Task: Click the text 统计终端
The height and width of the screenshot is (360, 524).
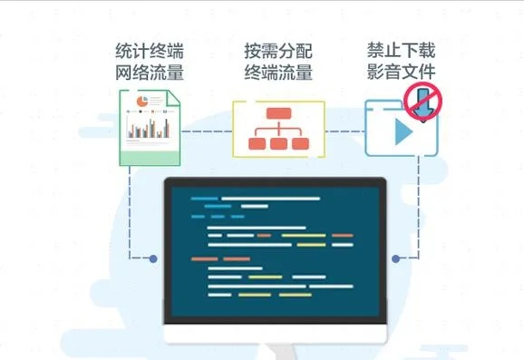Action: coord(150,49)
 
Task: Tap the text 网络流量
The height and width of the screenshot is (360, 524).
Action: coord(150,72)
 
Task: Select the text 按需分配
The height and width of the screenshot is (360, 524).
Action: coord(278,49)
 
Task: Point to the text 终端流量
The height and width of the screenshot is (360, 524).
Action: coord(278,72)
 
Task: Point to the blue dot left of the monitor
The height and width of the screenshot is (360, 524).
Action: coord(153,258)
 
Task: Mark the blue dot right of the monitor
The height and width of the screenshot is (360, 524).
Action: coord(396,258)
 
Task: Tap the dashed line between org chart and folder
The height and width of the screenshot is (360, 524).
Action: coord(344,131)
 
